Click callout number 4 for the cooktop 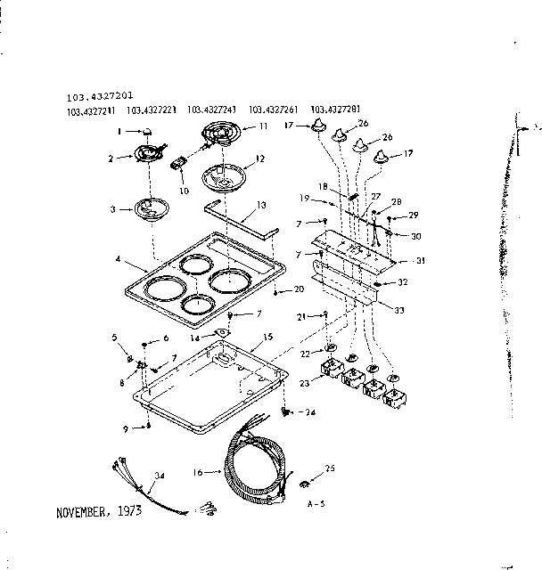119,261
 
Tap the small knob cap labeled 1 147,131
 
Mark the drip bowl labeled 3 148,212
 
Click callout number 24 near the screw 311,412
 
